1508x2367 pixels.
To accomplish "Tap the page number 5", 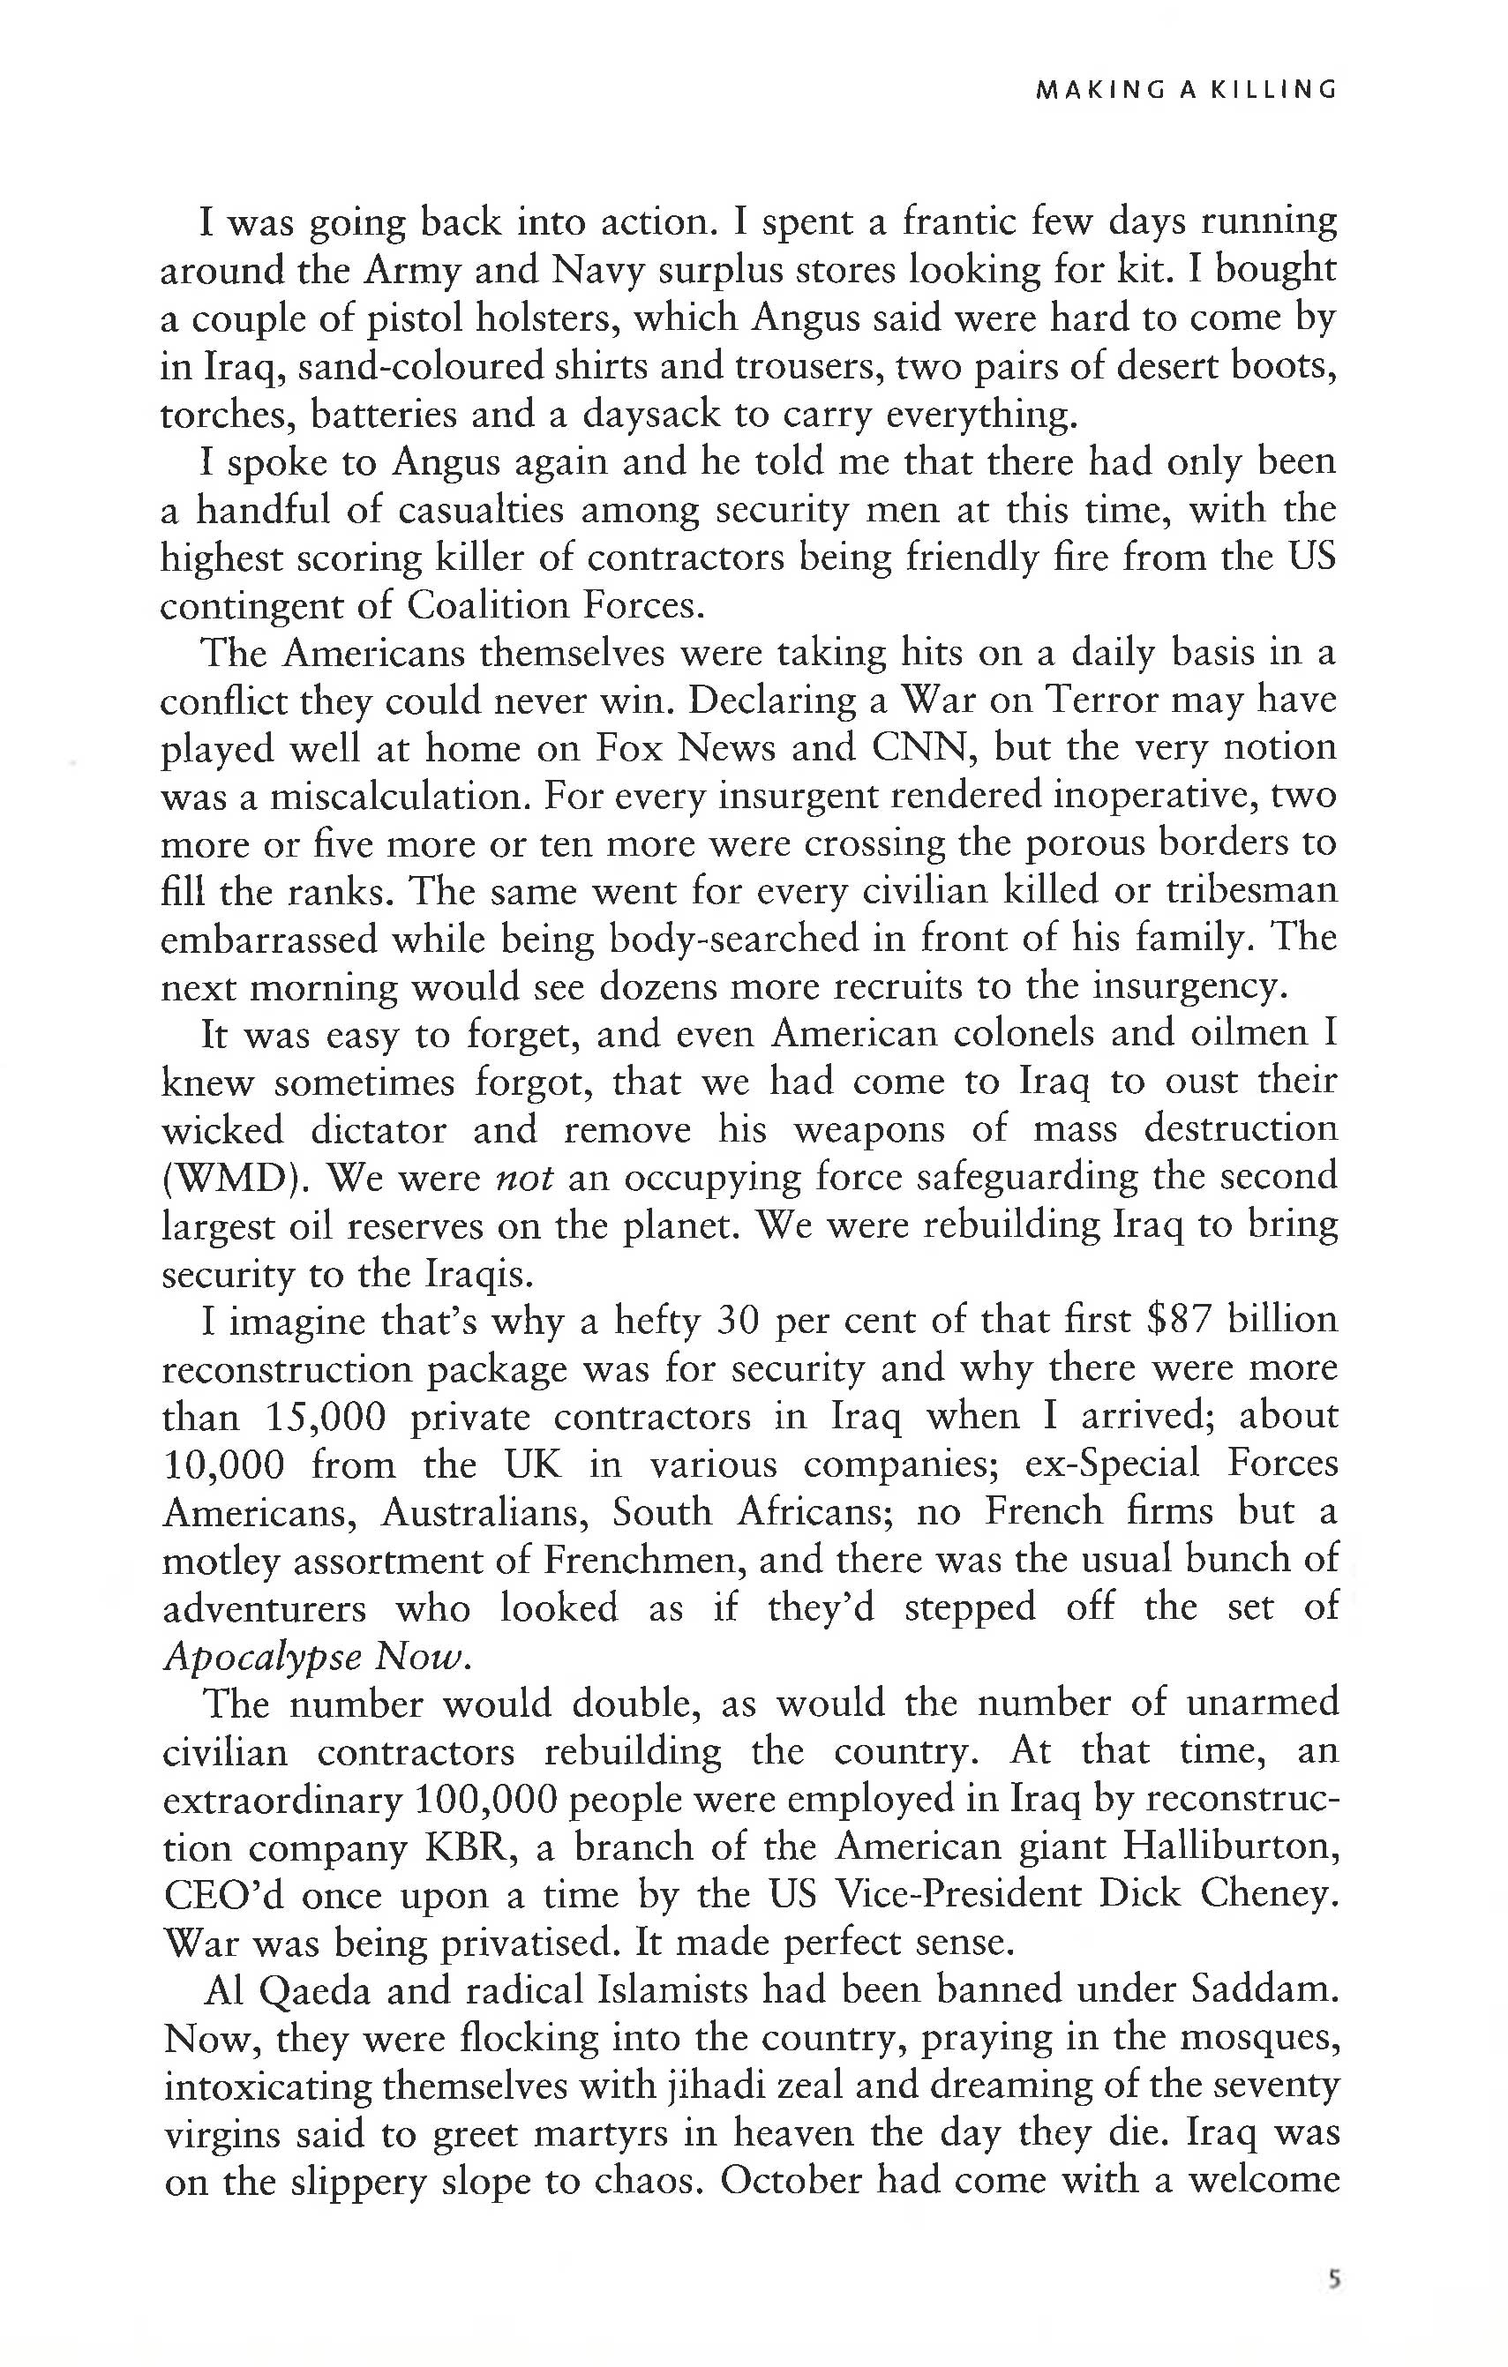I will pos(1333,2279).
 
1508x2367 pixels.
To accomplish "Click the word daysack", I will pos(649,414).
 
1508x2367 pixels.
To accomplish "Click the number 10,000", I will pos(223,1464).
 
